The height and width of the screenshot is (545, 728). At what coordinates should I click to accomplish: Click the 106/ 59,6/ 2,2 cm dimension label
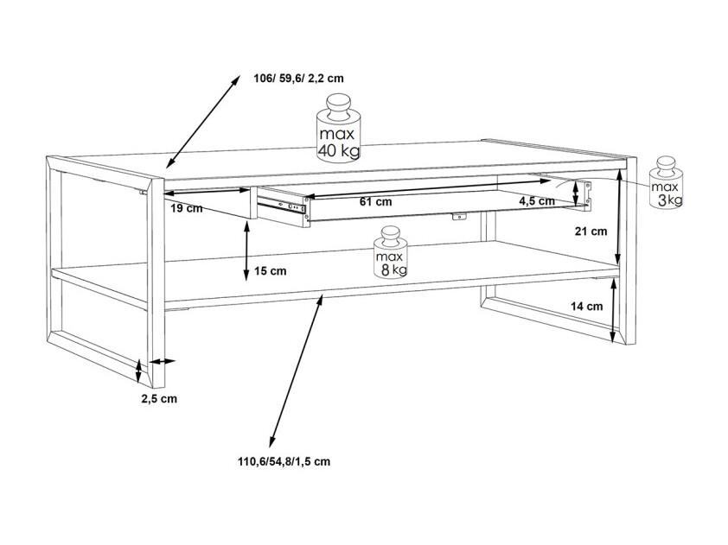click(298, 78)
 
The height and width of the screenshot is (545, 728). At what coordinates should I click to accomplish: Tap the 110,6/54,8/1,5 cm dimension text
click(284, 461)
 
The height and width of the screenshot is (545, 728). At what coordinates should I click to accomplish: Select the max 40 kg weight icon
click(339, 128)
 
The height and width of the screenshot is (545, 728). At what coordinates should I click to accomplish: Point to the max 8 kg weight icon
click(391, 252)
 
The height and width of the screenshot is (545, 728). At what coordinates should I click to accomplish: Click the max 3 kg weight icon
click(667, 182)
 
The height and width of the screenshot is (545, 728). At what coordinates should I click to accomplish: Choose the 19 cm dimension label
click(187, 208)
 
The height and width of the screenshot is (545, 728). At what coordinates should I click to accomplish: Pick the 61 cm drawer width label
click(375, 201)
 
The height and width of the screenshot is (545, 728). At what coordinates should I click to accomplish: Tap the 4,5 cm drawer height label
click(537, 201)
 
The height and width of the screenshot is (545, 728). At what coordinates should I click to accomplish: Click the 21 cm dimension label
click(591, 231)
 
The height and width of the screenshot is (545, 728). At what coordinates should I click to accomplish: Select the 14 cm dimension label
click(587, 306)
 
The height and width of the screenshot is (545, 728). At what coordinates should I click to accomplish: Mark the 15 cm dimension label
click(271, 271)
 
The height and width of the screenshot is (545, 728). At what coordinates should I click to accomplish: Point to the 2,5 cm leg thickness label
click(159, 398)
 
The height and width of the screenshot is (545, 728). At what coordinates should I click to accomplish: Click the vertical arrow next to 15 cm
click(246, 251)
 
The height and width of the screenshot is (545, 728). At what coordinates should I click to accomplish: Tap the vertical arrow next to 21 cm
click(619, 217)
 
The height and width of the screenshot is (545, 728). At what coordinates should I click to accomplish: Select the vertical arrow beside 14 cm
click(614, 310)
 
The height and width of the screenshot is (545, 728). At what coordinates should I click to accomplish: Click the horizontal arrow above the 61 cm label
click(428, 189)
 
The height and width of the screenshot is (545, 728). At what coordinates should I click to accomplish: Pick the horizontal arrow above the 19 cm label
click(207, 191)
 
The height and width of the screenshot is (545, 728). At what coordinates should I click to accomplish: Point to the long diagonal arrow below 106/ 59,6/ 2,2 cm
click(203, 122)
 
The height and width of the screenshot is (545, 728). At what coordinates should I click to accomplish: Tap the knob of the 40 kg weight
click(339, 104)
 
